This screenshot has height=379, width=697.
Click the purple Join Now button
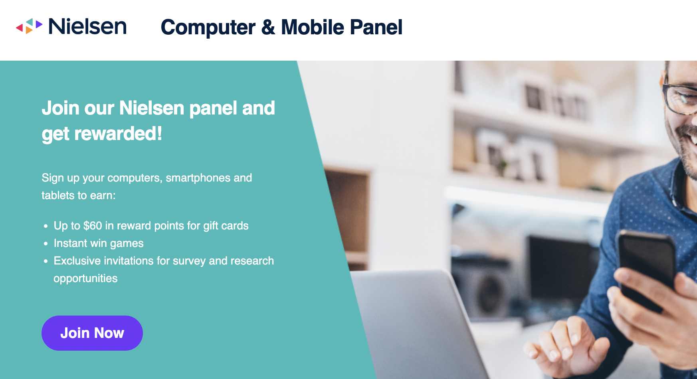92,333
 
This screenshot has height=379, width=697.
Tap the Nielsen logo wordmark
87,26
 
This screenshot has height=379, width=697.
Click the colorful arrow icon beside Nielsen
29,26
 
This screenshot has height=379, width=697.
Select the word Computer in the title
208,28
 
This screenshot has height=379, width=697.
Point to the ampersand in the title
268,27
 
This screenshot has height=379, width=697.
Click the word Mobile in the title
313,27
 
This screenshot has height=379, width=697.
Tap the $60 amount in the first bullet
93,226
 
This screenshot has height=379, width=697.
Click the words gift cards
226,226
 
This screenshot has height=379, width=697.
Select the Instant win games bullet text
99,243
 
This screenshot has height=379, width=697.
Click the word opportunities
85,278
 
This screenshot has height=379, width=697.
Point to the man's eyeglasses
679,96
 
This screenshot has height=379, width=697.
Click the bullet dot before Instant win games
46,243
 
